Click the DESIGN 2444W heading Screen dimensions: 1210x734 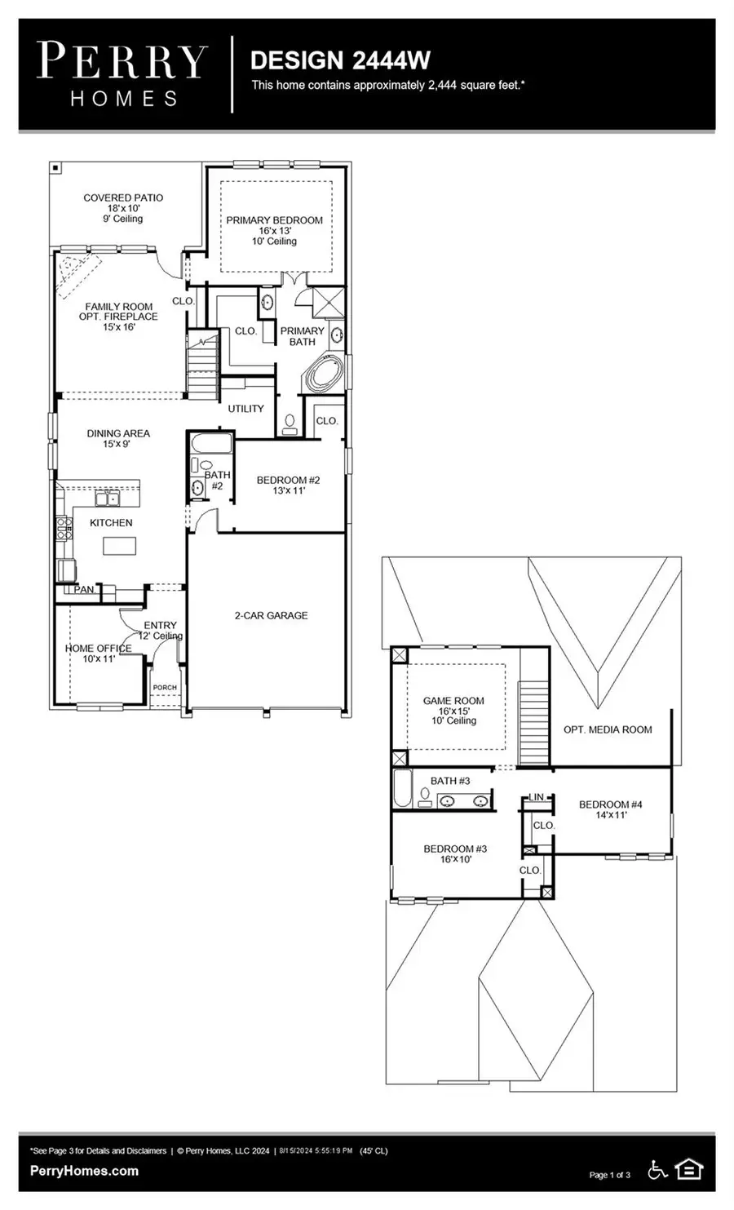pos(340,60)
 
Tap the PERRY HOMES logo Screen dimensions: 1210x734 pos(123,74)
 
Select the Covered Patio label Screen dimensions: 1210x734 pos(123,208)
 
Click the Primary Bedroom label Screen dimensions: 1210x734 pos(274,230)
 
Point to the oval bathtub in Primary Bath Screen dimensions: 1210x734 pos(325,375)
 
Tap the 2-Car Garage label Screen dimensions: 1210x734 pos(271,615)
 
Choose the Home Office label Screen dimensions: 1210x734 pos(98,653)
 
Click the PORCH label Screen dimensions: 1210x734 pos(165,687)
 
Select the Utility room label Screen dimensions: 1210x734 pos(245,408)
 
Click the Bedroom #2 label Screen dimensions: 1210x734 pos(288,485)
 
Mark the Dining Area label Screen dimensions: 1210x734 pos(118,438)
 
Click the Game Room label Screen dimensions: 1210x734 pos(453,710)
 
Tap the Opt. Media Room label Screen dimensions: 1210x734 pos(608,729)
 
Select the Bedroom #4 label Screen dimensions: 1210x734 pos(610,809)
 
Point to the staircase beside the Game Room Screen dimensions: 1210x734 pos(534,723)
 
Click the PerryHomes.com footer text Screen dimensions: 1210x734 pos(84,1171)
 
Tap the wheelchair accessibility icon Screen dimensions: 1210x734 pos(657,1170)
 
